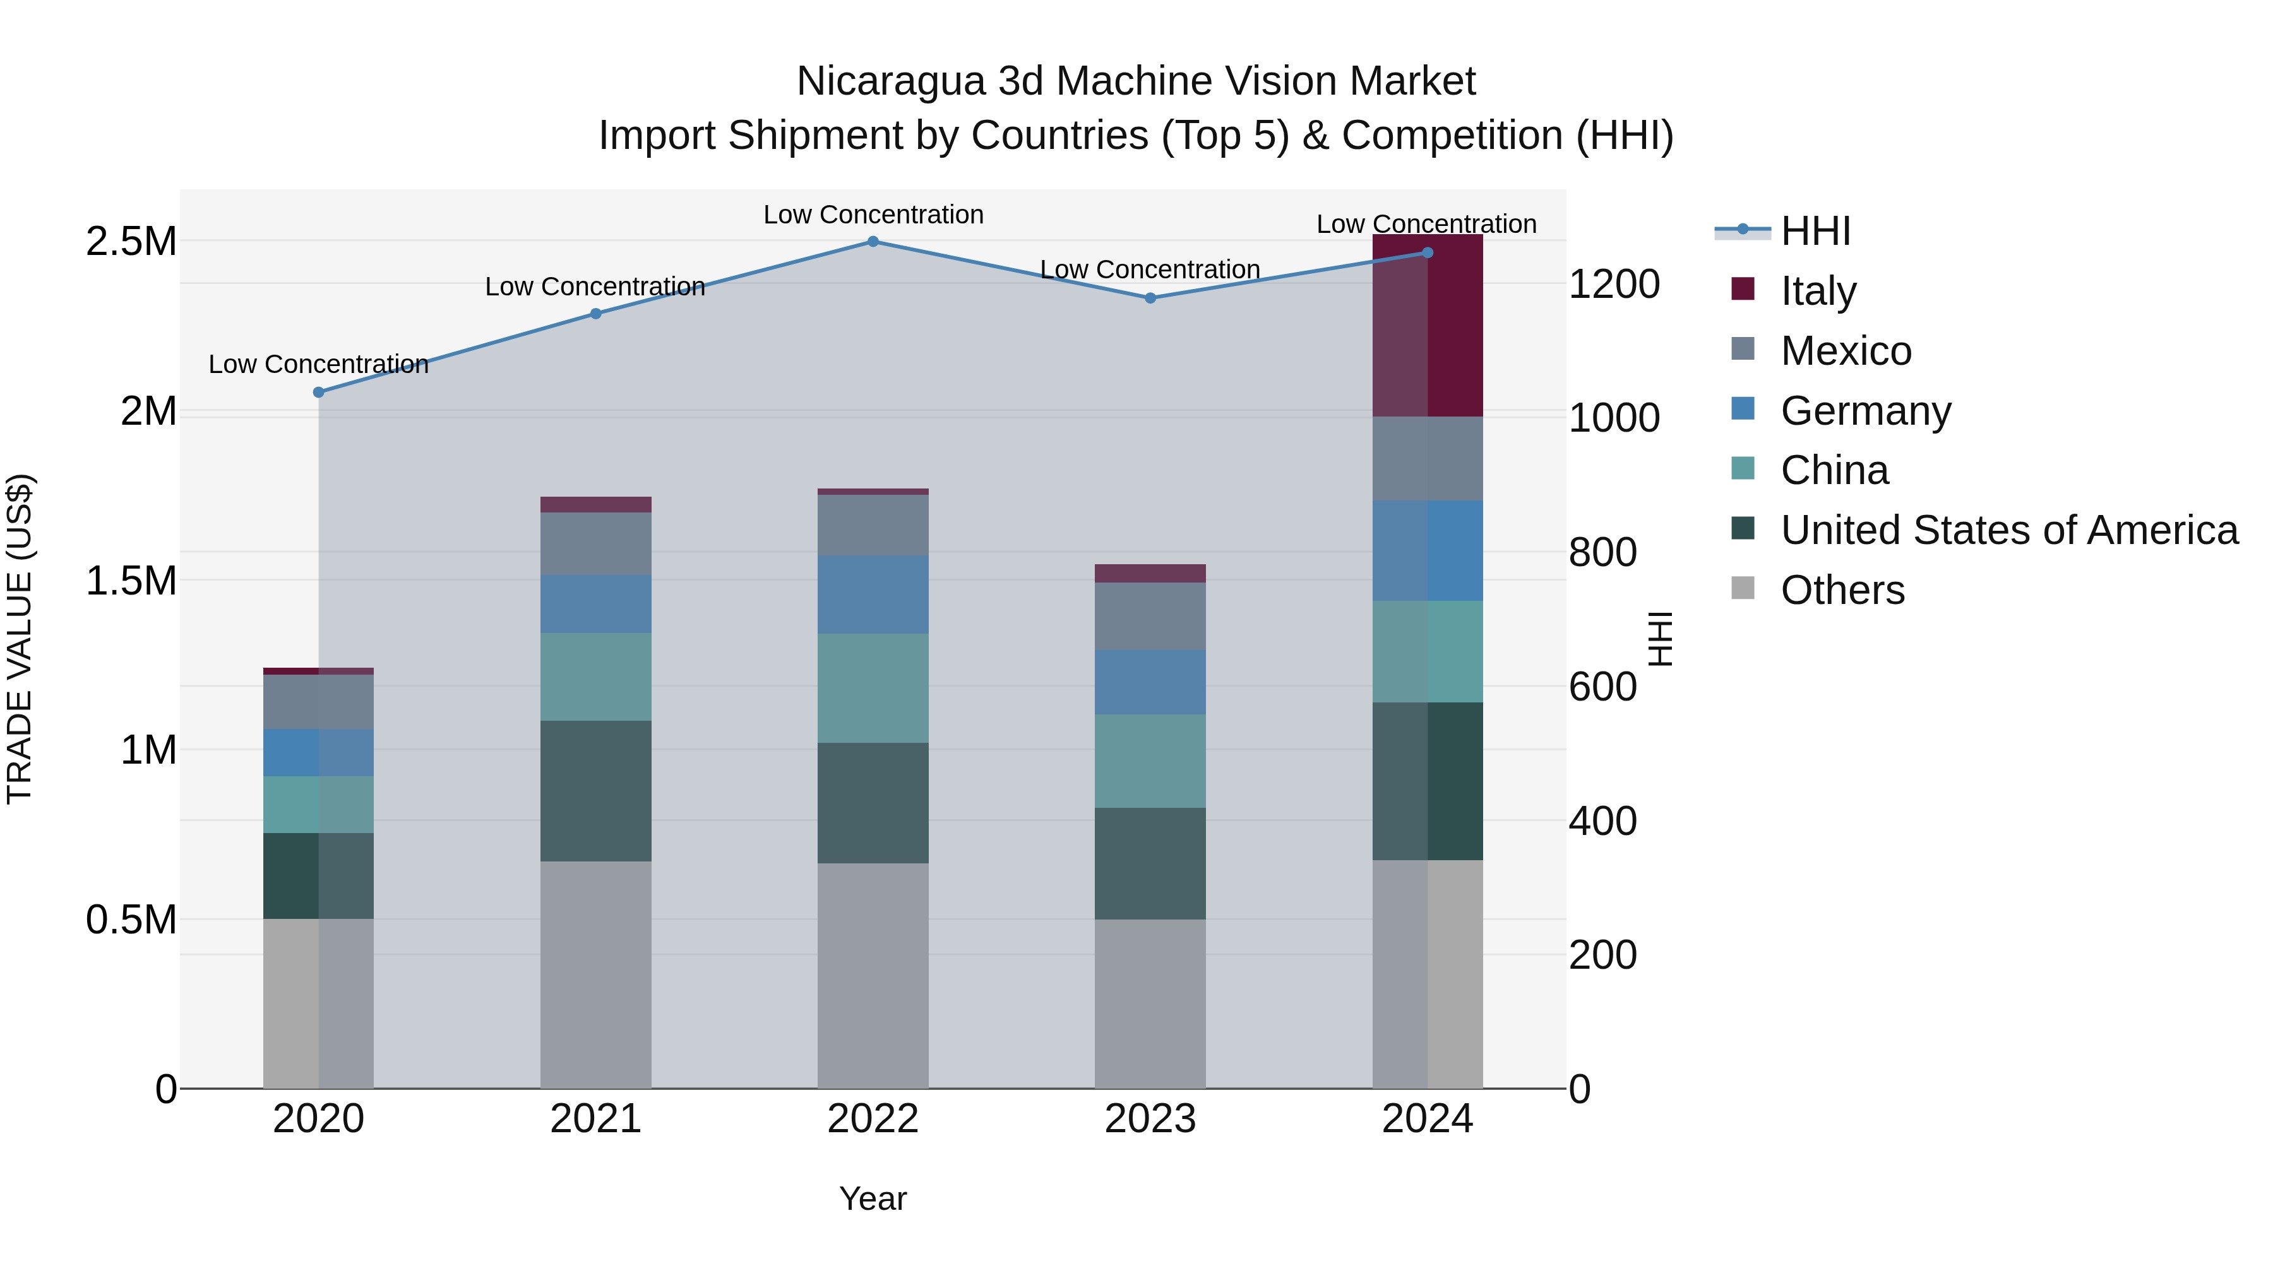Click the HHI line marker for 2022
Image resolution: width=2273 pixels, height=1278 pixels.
coord(873,242)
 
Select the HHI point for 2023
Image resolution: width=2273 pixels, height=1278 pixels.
coord(1150,298)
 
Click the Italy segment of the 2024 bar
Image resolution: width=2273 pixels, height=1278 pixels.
coord(1427,326)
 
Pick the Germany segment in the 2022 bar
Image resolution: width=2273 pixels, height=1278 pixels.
coord(873,595)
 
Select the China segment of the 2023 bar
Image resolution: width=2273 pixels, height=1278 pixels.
coord(1150,761)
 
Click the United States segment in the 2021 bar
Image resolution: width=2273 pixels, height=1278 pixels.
coord(595,791)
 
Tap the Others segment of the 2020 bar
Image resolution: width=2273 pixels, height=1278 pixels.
coord(319,1003)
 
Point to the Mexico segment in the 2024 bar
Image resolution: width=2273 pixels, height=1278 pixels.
coord(1427,459)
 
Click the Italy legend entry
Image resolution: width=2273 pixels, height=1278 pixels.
coord(1818,291)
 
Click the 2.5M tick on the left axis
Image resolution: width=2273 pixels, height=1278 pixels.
coord(131,242)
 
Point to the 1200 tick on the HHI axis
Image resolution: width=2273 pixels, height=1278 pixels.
coord(1614,285)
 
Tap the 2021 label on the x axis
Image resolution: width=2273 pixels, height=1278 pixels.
coord(595,1119)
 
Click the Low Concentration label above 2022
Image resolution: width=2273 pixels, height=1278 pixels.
coord(873,215)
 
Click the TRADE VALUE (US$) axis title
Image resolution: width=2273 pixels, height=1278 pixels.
coord(20,639)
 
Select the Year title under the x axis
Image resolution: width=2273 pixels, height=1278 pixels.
coord(873,1198)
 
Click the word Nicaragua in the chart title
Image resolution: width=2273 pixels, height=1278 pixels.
coord(890,81)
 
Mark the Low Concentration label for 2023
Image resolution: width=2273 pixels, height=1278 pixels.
coord(1150,269)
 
